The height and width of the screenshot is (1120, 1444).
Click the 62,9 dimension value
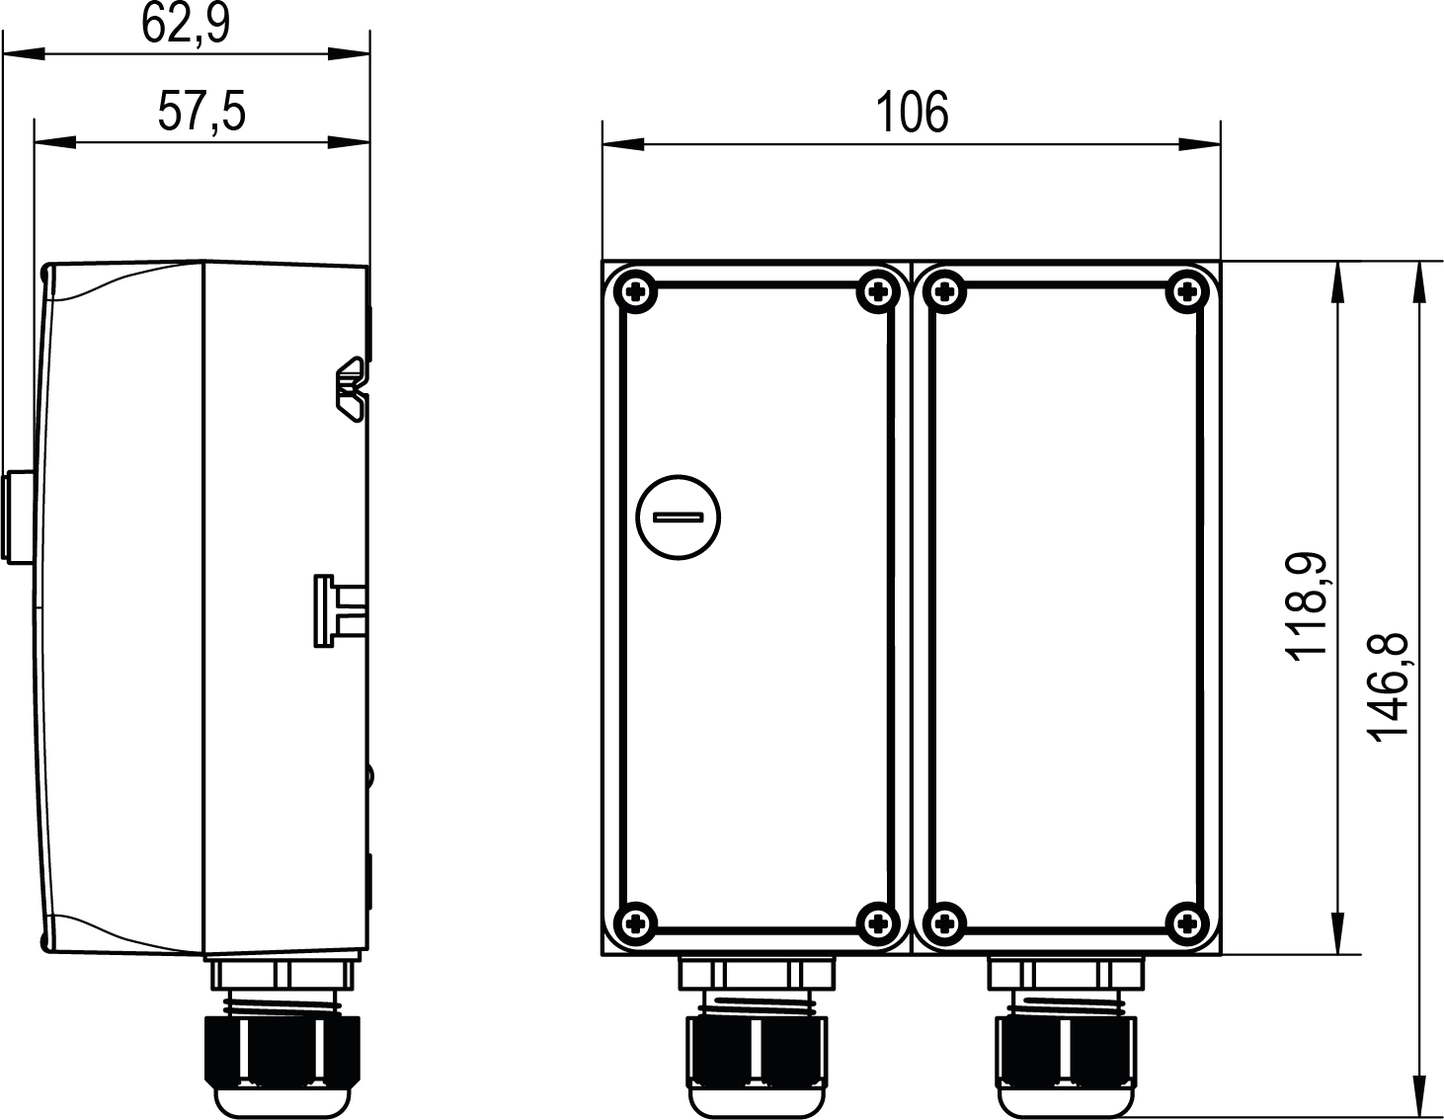(186, 24)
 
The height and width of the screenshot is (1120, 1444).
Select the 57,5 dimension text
(201, 112)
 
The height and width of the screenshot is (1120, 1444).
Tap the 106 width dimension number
(912, 113)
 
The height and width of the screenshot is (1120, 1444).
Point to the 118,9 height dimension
(1307, 606)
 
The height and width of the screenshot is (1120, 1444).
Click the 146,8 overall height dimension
(1388, 686)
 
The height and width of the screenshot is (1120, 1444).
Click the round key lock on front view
(678, 517)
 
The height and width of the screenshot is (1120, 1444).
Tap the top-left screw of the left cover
(635, 291)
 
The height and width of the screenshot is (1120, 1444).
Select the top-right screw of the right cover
(1186, 291)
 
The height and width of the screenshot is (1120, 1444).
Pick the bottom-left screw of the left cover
(635, 922)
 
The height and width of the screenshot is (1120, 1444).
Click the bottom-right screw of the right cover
(1186, 922)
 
